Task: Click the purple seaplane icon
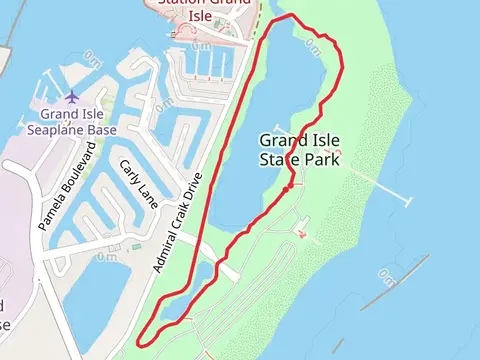click(x=72, y=97)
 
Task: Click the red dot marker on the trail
click(x=287, y=187)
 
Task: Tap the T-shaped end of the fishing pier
click(x=407, y=201)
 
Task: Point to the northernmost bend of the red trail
click(x=291, y=16)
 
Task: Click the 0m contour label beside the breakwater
click(x=388, y=270)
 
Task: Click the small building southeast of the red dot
click(x=303, y=235)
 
